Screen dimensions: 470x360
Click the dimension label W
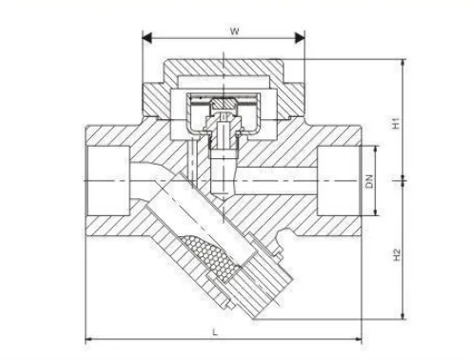(234, 31)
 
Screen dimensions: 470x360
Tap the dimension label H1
(396, 124)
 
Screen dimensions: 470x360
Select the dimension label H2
(397, 255)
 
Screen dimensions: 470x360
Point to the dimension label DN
(369, 181)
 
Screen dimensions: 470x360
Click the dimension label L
(215, 332)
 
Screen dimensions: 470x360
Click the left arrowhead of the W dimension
(147, 38)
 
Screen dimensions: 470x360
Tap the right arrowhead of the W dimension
(300, 38)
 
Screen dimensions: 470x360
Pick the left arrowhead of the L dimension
(88, 339)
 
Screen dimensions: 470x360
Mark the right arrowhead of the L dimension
(359, 339)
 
